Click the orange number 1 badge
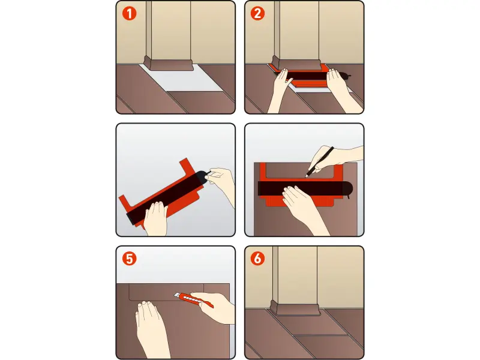pyautogui.click(x=129, y=14)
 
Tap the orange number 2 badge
pyautogui.click(x=258, y=14)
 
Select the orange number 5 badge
pyautogui.click(x=129, y=259)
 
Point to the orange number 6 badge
pyautogui.click(x=258, y=259)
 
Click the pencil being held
pyautogui.click(x=319, y=162)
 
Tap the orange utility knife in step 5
pyautogui.click(x=193, y=299)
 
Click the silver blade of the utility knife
pyautogui.click(x=177, y=295)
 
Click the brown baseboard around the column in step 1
pyautogui.click(x=169, y=65)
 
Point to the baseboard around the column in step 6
pyautogui.click(x=295, y=308)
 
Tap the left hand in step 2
pyautogui.click(x=281, y=91)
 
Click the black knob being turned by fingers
pyautogui.click(x=202, y=178)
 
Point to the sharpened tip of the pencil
pyautogui.click(x=306, y=176)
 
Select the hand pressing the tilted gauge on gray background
pyautogui.click(x=156, y=218)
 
